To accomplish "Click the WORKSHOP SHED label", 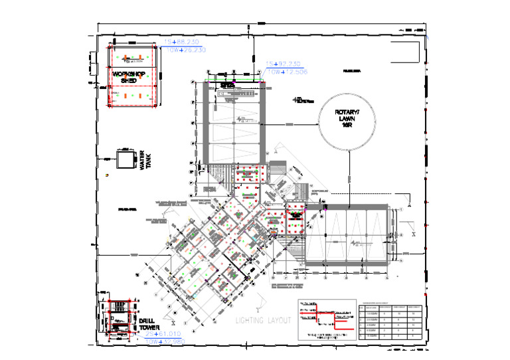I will tap(128, 76).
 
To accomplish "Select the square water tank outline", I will tap(124, 161).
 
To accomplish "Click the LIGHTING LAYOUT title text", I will tap(264, 320).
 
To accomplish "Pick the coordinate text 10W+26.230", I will tap(185, 50).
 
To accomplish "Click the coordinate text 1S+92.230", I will tap(283, 64).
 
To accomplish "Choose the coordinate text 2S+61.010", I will tap(163, 333).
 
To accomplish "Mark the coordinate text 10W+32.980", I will tap(165, 341).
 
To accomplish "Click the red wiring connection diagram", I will tap(325, 312).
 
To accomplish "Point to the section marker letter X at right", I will tap(413, 234).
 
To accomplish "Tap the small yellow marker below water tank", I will tap(107, 174).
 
